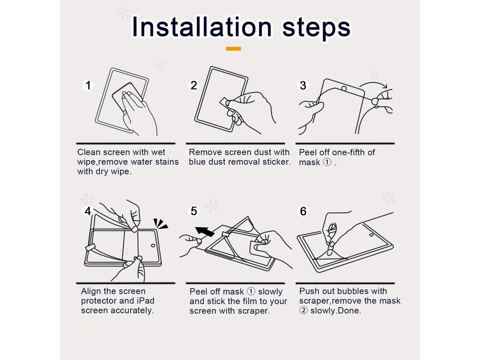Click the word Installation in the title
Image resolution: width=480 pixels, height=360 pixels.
click(x=202, y=27)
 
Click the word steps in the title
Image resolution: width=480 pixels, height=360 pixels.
click(x=316, y=28)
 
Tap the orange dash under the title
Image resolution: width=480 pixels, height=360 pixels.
click(x=233, y=48)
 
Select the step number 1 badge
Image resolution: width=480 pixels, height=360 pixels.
click(x=88, y=85)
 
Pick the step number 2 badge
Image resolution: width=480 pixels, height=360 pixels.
click(x=194, y=85)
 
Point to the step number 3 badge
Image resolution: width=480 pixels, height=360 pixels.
click(x=303, y=85)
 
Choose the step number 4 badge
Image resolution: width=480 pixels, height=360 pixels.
click(x=88, y=211)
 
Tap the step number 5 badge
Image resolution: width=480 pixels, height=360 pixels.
click(x=194, y=211)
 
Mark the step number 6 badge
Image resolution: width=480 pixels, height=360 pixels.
click(x=303, y=211)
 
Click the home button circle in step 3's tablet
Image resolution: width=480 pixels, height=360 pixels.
click(x=344, y=88)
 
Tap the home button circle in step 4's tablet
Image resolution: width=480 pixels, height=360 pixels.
click(x=153, y=245)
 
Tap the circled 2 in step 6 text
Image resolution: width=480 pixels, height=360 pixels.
click(x=303, y=310)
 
